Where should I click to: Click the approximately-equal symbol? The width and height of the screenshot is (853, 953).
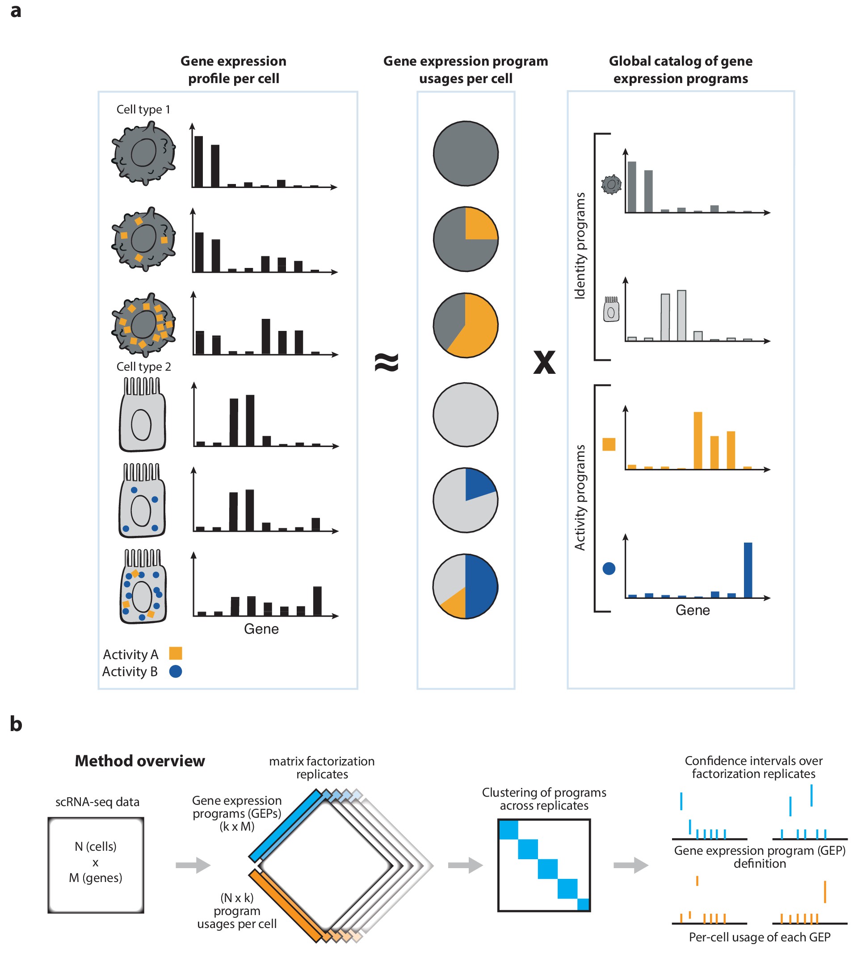click(387, 362)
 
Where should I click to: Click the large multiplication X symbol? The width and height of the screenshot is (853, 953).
click(544, 362)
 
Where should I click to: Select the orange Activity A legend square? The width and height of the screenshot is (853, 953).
click(175, 653)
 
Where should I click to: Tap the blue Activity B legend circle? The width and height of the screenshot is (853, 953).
click(175, 671)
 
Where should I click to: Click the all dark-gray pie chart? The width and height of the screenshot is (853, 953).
click(466, 154)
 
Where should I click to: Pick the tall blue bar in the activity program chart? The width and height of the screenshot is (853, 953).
click(748, 569)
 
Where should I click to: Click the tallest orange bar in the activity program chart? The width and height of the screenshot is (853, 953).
click(698, 440)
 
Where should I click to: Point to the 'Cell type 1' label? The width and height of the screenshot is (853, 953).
click(143, 109)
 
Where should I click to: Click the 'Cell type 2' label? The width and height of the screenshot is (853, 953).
click(143, 366)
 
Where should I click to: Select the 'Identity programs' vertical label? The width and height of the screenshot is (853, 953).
click(580, 246)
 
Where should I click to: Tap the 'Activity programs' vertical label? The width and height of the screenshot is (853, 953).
click(580, 497)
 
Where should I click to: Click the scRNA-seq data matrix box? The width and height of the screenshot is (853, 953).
click(96, 865)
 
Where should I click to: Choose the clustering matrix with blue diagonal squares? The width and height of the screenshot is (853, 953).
click(544, 865)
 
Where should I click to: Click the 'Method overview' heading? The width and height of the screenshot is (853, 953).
click(140, 761)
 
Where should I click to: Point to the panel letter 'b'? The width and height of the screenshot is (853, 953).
click(16, 724)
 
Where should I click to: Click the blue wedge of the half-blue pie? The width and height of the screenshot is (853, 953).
click(482, 586)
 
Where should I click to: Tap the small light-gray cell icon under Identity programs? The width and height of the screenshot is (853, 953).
click(611, 309)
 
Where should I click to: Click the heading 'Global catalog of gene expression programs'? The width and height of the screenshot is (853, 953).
click(681, 69)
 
